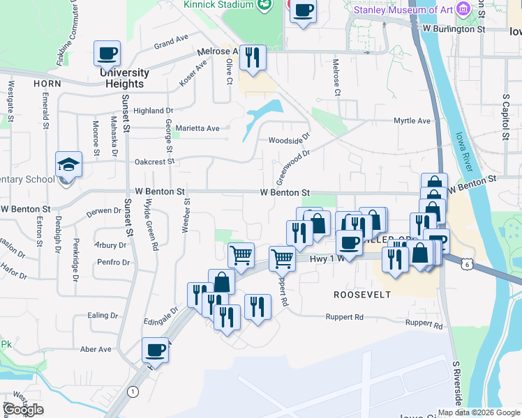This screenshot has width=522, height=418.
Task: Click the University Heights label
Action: (124, 78)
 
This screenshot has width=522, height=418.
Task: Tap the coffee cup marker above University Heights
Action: (107, 54)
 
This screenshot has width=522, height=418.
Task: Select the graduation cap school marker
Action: (68, 165)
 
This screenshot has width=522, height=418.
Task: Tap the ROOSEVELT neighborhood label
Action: (361, 295)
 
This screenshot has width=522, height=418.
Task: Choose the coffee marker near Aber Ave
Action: (156, 350)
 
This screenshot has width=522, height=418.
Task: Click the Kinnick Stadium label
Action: (218, 5)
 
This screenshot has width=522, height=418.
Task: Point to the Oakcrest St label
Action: (155, 162)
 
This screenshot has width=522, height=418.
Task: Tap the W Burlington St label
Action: (454, 29)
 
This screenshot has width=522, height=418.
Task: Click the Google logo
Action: (23, 410)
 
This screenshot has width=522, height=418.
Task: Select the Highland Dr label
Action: (153, 111)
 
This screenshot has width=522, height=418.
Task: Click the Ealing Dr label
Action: (104, 316)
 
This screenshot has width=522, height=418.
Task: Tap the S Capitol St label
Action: (505, 115)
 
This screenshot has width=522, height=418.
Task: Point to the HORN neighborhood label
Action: (47, 83)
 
